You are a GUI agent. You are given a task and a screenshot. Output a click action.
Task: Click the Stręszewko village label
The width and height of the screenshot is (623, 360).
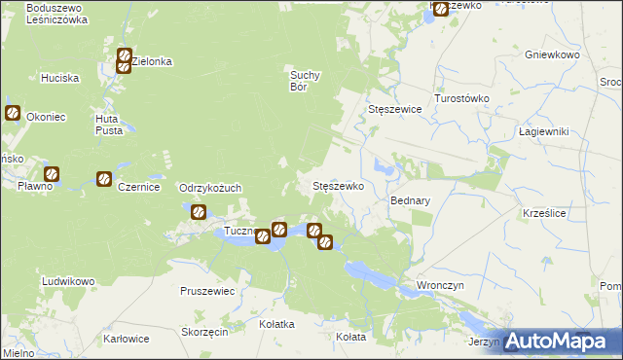pyautogui.click(x=337, y=186)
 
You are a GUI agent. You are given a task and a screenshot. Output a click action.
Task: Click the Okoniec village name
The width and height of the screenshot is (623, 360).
pyautogui.click(x=47, y=117)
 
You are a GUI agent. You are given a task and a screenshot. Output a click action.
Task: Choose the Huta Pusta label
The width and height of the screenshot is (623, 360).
pyautogui.click(x=107, y=125)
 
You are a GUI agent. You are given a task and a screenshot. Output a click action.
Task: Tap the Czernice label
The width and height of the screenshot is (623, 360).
pyautogui.click(x=138, y=187)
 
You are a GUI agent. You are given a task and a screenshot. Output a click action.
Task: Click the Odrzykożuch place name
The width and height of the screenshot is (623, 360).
pyautogui.click(x=209, y=188)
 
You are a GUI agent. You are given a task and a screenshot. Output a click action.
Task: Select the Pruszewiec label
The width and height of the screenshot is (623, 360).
pyautogui.click(x=207, y=290)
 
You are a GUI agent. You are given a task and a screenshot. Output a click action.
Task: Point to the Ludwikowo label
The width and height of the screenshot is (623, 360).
pyautogui.click(x=68, y=281)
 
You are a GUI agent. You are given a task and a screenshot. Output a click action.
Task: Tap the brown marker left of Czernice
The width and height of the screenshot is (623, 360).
pyautogui.click(x=103, y=179)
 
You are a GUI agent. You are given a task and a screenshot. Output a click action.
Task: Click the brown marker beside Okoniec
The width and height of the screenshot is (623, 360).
pyautogui.click(x=13, y=113)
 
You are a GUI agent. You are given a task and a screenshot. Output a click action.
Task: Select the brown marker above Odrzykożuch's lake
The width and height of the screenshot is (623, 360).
pyautogui.click(x=198, y=211)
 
